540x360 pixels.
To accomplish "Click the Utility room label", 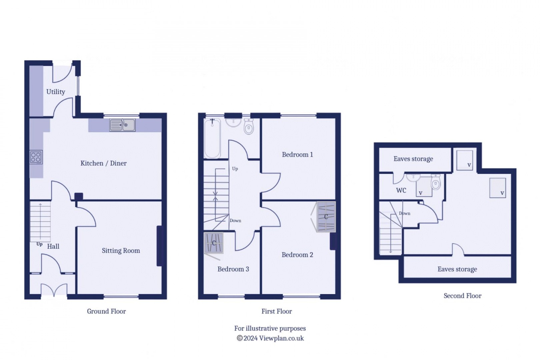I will tap(55, 92).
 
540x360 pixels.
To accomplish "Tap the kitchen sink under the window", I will tap(122, 125).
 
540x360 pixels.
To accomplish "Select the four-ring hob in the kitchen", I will tap(36, 157).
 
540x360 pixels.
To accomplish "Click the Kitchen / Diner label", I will tap(103, 163).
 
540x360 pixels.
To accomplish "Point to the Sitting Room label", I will tap(121, 251).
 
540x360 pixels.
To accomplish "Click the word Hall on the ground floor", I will tap(53, 246).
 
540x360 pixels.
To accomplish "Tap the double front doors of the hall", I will tap(54, 290).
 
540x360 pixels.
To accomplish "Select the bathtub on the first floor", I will tap(212, 138).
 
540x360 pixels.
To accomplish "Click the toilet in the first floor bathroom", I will tap(249, 126).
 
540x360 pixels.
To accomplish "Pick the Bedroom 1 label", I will tap(297, 154).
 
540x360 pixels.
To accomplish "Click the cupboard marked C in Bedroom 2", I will tap(326, 217).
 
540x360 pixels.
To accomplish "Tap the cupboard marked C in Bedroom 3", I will tap(214, 243).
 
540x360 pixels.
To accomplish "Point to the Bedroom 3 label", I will tap(233, 269).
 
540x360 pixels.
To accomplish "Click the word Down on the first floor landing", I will tap(235, 221).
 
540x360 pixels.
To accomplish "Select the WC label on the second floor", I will tap(401, 190).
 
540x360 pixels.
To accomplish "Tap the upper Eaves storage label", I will tap(413, 159).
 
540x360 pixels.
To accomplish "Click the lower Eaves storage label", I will tap(457, 269).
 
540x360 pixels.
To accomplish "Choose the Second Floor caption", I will tap(462, 296).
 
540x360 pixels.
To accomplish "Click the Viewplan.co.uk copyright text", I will tap(270, 338).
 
